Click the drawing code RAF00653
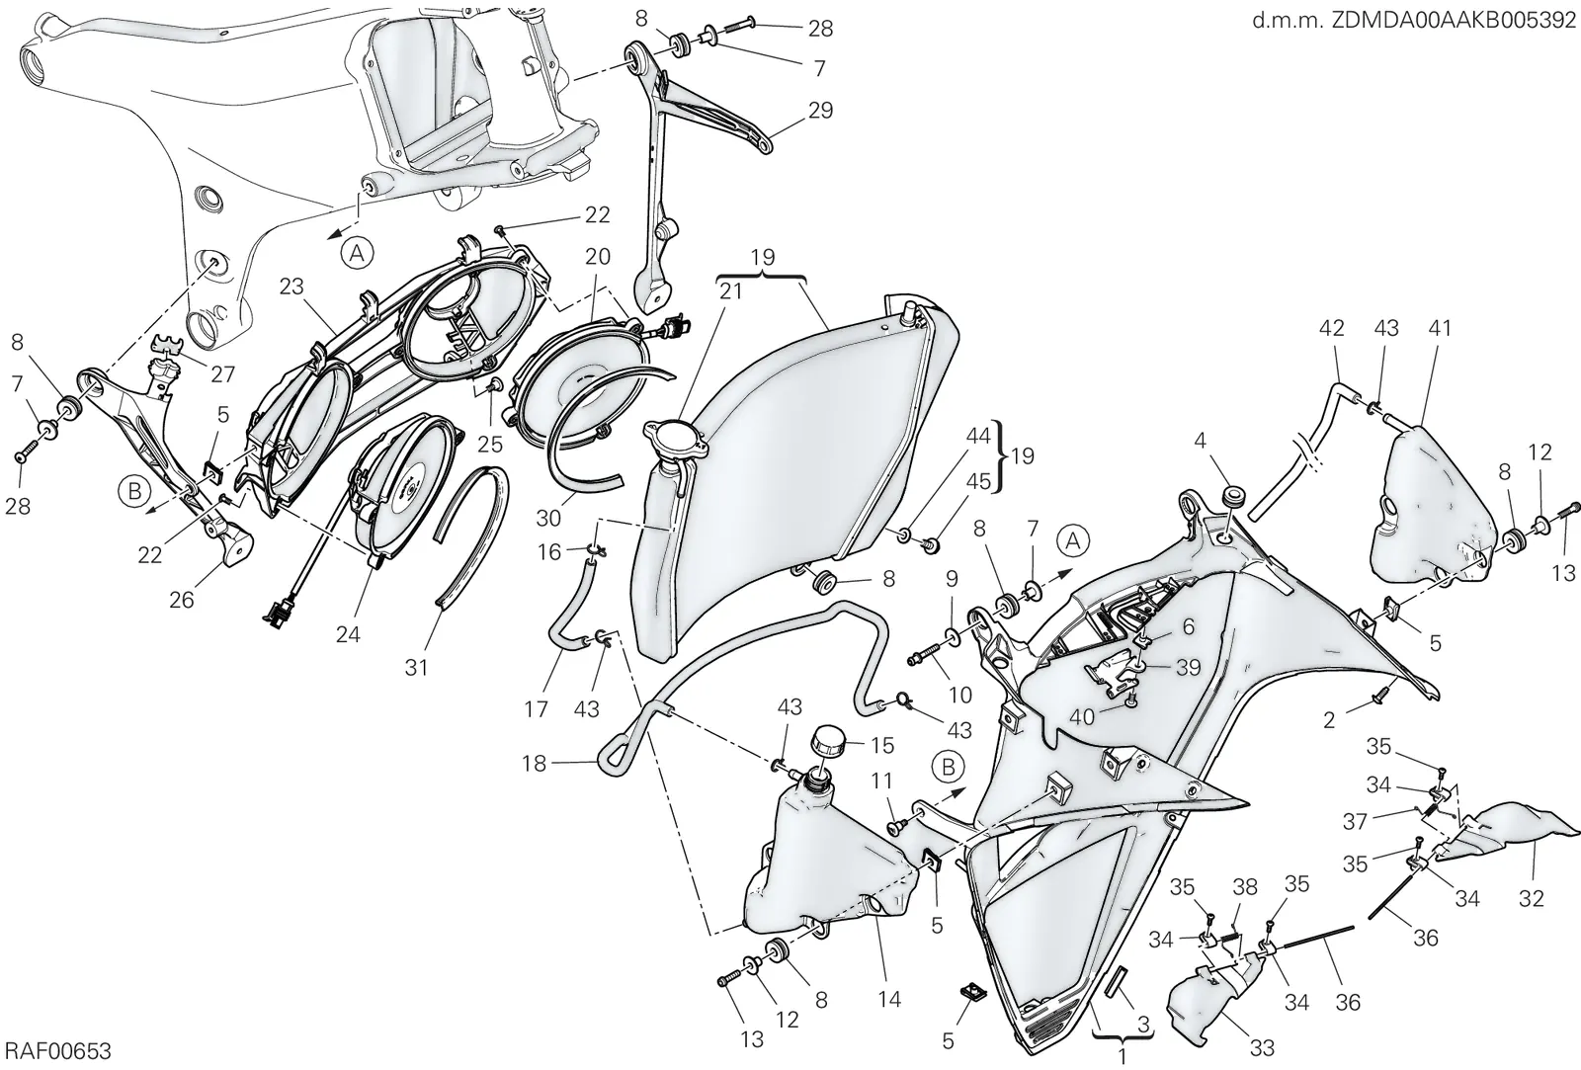pos(57,1051)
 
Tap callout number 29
pos(820,110)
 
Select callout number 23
pos(291,287)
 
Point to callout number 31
pos(416,667)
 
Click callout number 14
pos(889,999)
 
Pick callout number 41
pos(1439,327)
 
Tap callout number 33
pos(1262,1048)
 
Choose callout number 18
pos(535,764)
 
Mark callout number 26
pos(182,600)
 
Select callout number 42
pos(1331,327)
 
